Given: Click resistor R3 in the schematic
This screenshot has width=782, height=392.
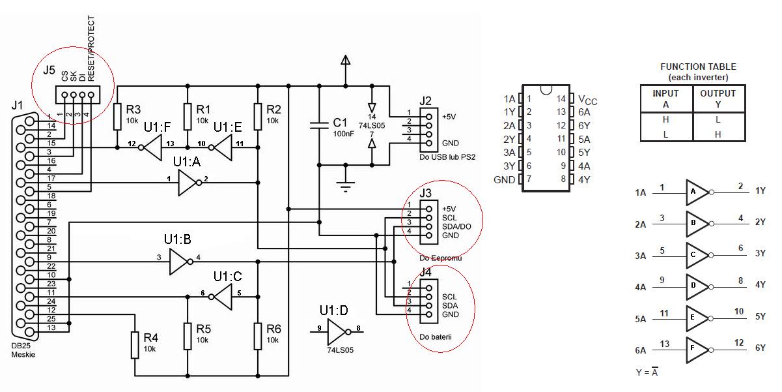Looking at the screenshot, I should [x=117, y=116].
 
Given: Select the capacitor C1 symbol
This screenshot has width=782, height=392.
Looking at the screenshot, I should [x=319, y=125].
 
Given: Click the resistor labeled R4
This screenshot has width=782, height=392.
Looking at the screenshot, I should [x=135, y=345].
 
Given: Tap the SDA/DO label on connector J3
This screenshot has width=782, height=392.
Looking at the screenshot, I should [x=456, y=226].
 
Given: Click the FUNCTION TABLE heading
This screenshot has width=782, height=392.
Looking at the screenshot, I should [x=697, y=67].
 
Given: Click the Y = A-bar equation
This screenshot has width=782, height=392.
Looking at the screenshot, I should [x=647, y=372].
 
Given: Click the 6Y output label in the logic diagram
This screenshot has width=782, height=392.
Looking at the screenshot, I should [x=760, y=348].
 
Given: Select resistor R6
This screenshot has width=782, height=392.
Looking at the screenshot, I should [x=258, y=336].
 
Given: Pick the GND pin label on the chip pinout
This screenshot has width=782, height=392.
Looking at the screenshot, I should [x=505, y=180].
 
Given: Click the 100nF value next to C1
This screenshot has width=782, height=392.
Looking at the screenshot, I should [x=344, y=133].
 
